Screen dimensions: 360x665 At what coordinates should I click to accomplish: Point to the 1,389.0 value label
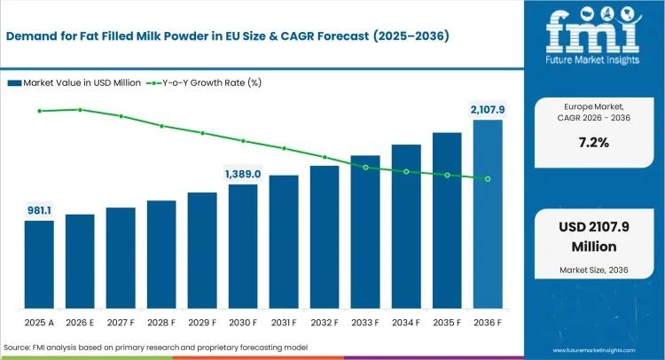[242, 174]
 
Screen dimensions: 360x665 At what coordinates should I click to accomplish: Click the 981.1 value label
[39, 210]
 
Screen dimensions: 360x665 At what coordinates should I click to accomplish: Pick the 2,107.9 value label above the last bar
[487, 109]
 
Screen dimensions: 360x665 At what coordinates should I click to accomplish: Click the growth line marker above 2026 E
[80, 110]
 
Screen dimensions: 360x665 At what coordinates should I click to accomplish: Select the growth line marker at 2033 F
[365, 167]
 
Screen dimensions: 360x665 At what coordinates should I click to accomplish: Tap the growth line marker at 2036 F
[488, 179]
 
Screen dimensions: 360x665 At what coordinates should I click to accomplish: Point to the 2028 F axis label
[161, 323]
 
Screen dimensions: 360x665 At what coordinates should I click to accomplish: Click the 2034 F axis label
[406, 323]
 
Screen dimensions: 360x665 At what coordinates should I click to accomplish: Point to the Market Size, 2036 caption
[591, 269]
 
